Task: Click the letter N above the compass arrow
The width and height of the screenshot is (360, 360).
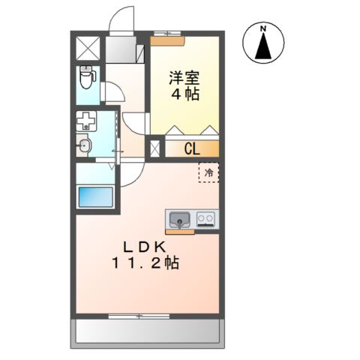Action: [x=263, y=30]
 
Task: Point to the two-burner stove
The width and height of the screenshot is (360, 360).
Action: [x=206, y=220]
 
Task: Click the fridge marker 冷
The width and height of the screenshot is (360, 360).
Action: [x=209, y=172]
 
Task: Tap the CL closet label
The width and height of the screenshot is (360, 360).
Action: [x=192, y=148]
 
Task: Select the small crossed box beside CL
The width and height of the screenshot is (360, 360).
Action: [x=155, y=148]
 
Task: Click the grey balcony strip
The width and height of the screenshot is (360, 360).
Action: [x=147, y=331]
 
